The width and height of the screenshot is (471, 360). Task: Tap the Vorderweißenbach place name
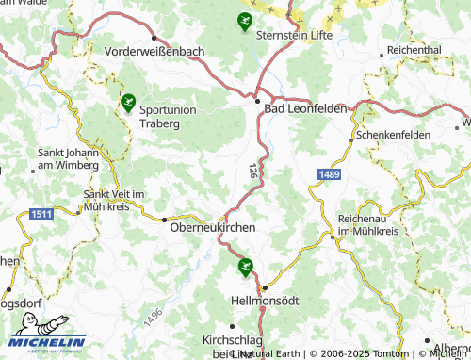155,51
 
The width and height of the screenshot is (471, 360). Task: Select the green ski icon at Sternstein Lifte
245,21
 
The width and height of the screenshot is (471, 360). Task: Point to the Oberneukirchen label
212,227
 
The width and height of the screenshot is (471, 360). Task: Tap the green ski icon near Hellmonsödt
246,266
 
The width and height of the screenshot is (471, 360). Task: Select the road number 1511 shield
41,215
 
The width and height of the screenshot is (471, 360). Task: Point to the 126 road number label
252,171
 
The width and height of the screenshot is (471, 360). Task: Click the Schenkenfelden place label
394,135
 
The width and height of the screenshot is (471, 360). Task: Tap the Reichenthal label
414,49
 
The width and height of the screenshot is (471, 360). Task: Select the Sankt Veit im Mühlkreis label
108,200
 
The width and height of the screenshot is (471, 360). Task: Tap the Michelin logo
47,343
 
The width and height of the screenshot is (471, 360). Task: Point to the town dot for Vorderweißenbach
154,38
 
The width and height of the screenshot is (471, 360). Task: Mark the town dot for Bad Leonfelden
257,101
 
